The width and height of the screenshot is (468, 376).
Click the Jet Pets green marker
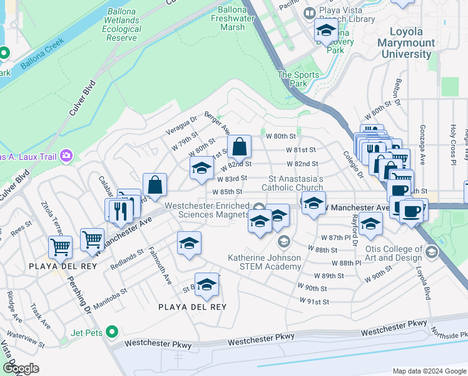[112, 332]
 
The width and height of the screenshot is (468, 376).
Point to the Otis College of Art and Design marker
[430, 252]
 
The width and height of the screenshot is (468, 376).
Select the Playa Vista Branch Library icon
[309, 13]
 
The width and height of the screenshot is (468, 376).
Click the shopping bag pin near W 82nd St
[239, 148]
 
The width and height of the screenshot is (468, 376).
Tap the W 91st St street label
[313, 302]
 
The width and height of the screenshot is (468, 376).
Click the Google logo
[21, 368]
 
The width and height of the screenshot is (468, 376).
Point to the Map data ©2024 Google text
[429, 371]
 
